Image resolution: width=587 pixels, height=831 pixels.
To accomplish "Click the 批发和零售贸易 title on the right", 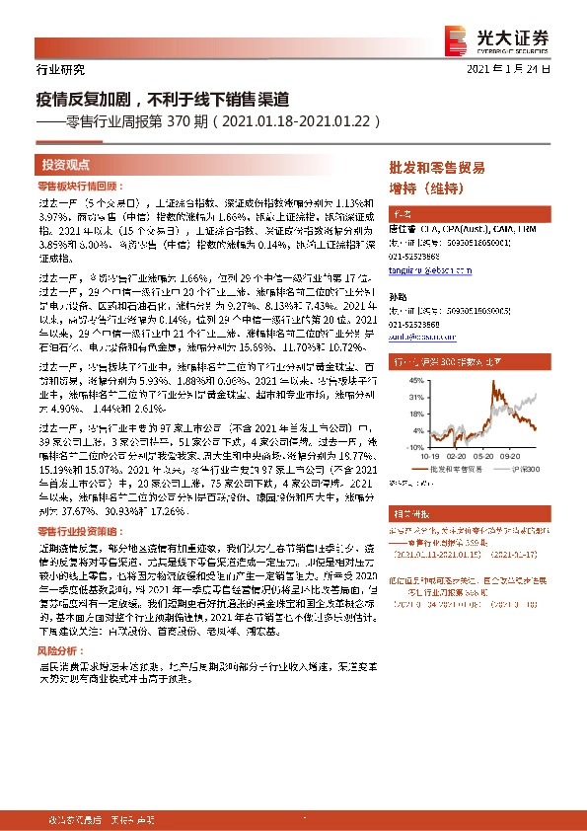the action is tap(438, 167).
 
